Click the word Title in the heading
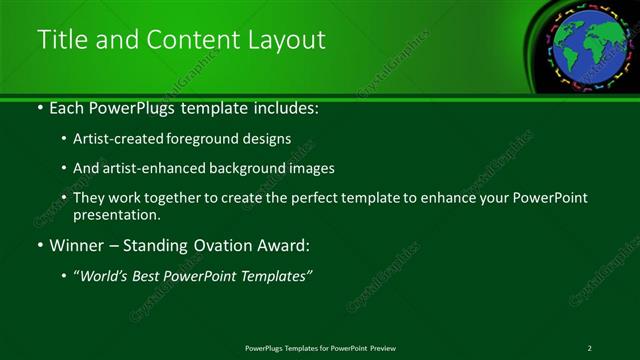point(60,39)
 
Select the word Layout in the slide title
point(289,39)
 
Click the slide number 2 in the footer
point(589,348)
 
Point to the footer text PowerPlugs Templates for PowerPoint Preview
point(320,348)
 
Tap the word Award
point(289,245)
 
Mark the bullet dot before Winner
point(39,245)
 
